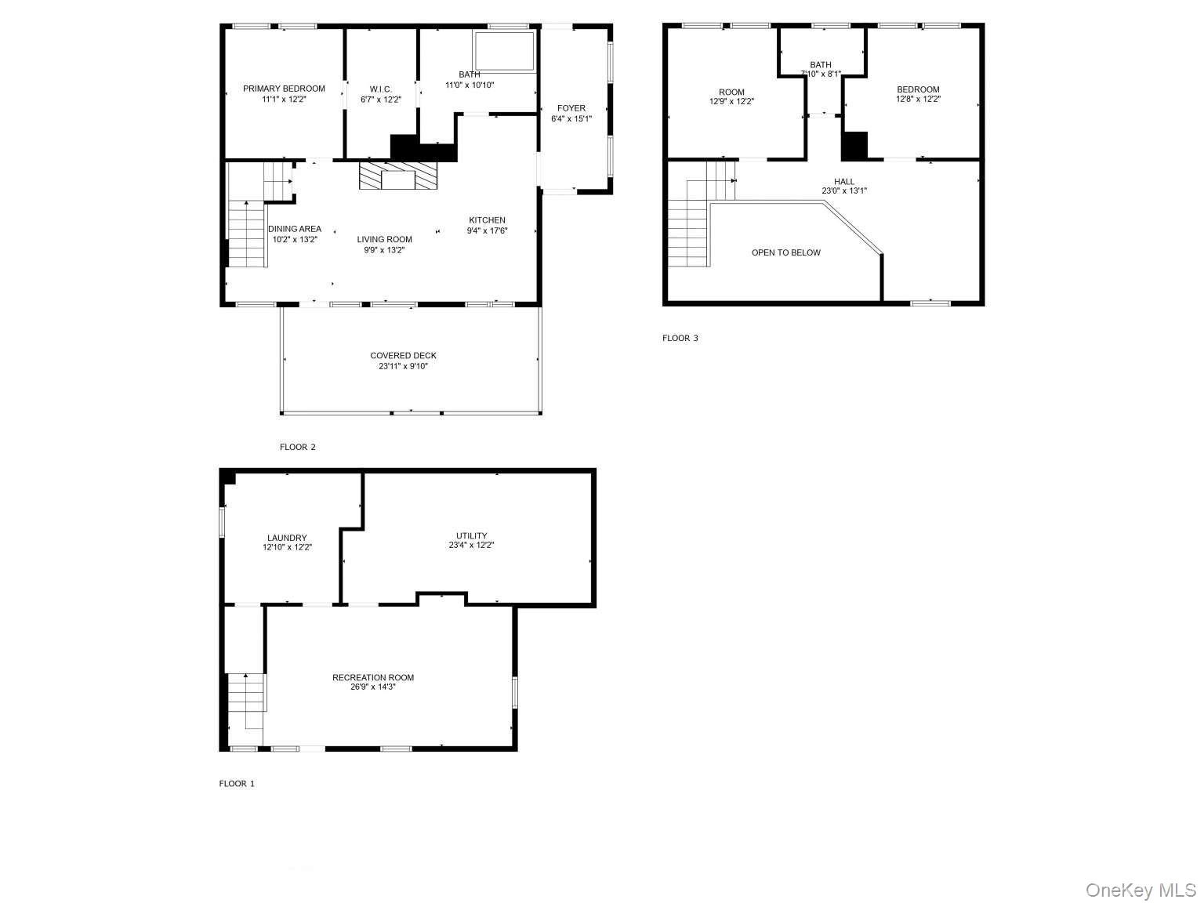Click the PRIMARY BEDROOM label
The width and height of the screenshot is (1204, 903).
[284, 89]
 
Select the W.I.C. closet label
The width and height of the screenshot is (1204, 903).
[381, 89]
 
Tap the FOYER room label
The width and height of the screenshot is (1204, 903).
[571, 108]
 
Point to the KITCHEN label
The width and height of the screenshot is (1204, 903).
[487, 220]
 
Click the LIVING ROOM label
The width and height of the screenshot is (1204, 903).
[384, 240]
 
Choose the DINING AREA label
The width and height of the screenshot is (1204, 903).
[295, 229]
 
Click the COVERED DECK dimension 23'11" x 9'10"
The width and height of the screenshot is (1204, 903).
[403, 366]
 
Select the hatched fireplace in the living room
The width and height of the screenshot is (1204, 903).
[397, 176]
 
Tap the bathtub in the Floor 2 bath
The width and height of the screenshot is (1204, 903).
[504, 51]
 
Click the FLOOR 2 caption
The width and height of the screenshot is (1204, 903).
[298, 448]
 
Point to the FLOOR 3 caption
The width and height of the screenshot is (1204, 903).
[680, 339]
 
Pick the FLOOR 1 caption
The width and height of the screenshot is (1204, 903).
[237, 784]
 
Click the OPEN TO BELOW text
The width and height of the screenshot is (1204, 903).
[785, 253]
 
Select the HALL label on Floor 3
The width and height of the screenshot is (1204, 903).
[844, 182]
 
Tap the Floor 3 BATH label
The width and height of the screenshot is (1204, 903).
[821, 65]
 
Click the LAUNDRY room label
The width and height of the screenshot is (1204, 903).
[287, 539]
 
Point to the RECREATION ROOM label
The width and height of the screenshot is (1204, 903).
[373, 678]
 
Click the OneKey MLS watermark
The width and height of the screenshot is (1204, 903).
[1141, 890]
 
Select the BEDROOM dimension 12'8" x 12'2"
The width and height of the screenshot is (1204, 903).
[918, 100]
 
